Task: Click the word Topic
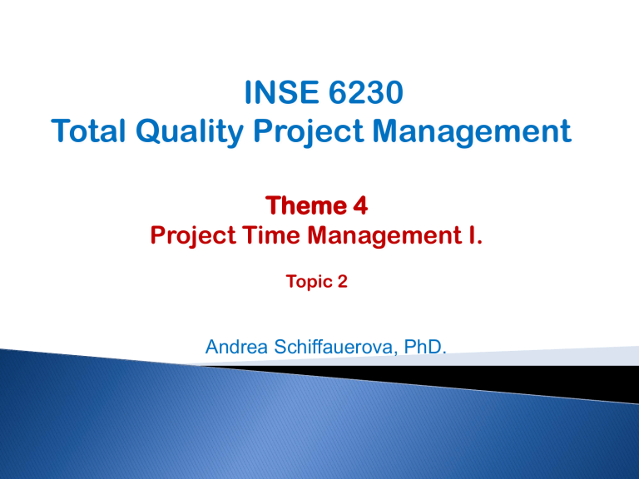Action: [302, 283]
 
